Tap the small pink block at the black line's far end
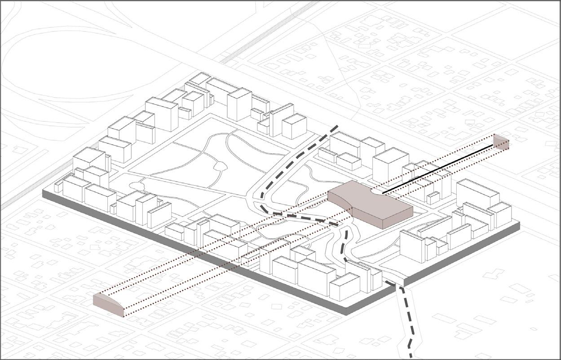coord(501,142)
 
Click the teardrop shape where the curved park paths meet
coord(220,167)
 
